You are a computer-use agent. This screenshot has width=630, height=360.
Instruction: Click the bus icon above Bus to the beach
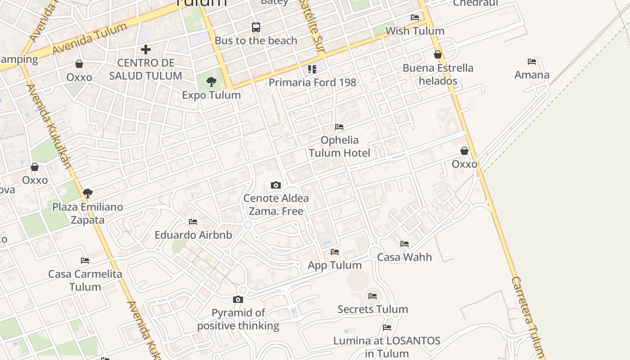tap(256, 27)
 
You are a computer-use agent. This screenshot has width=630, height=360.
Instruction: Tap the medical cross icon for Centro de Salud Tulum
tap(145, 49)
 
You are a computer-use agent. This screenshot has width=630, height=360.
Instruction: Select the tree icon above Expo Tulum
tap(211, 82)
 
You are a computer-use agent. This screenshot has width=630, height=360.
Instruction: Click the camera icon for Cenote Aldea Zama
tap(276, 185)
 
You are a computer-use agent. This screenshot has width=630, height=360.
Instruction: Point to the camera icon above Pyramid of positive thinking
tap(238, 299)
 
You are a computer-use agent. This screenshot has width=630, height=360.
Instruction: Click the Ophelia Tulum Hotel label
tap(340, 147)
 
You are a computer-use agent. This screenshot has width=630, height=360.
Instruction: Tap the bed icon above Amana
tap(532, 62)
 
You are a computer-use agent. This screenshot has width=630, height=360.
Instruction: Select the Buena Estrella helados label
tap(438, 75)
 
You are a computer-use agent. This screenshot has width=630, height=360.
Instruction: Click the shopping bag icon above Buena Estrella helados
tap(438, 54)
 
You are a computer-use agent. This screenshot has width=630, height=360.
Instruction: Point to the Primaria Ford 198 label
tap(312, 82)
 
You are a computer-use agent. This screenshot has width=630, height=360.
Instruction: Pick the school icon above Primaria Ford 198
tap(312, 69)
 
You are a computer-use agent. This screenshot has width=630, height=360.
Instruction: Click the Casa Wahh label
tap(405, 257)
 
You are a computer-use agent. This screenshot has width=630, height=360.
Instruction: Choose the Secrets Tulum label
tap(373, 309)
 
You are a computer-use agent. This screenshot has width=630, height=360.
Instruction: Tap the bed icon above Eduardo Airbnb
tap(193, 222)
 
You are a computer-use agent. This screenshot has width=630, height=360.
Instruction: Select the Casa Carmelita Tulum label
tap(85, 280)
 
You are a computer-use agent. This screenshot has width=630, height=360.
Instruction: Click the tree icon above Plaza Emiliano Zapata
tap(88, 193)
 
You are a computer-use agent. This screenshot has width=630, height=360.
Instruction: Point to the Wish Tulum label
tap(415, 31)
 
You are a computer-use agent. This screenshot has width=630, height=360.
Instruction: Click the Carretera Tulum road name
tap(529, 315)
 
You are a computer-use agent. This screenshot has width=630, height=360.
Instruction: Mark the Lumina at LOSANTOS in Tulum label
tap(387, 347)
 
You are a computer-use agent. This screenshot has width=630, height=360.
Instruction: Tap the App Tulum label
tap(334, 265)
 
